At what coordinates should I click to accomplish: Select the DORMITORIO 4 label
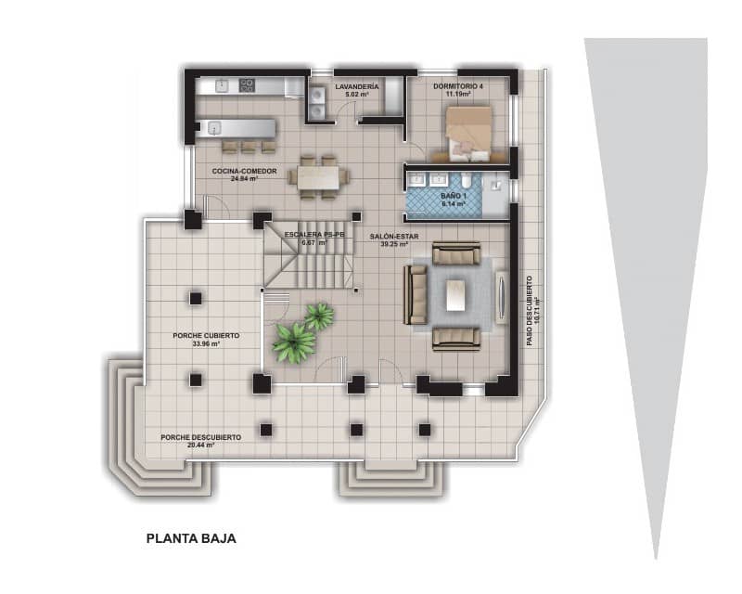point(457,85)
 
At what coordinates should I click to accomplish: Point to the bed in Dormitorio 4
point(469,131)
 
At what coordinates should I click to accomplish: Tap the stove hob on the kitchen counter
point(247,85)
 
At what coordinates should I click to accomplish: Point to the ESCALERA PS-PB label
point(314,236)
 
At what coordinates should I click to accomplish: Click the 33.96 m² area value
point(205,343)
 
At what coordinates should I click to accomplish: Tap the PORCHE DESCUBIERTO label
point(200,436)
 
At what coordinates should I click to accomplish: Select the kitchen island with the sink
point(236,127)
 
